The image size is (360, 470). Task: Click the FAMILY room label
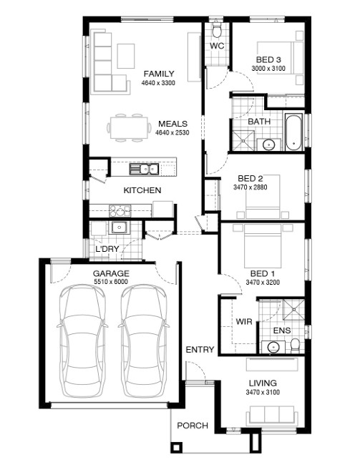[159, 74]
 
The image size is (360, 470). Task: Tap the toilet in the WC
[217, 31]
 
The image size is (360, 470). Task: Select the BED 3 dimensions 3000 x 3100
[268, 69]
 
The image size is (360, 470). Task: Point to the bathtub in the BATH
[293, 132]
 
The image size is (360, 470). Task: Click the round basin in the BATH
[269, 145]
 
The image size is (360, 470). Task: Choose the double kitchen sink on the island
[144, 170]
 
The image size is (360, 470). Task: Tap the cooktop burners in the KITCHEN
[120, 210]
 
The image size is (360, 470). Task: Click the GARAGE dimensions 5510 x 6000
[111, 282]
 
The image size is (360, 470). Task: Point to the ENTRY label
[200, 350]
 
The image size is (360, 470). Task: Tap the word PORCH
[193, 426]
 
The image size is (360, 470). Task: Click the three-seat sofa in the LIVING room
[272, 416]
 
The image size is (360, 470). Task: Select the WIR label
[244, 322]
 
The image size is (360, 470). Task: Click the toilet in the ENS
[296, 345]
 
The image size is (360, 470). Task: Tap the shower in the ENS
[294, 309]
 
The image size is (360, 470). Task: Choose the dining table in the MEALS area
[130, 127]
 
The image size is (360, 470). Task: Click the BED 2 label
[250, 179]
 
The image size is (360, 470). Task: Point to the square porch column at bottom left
[177, 447]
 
